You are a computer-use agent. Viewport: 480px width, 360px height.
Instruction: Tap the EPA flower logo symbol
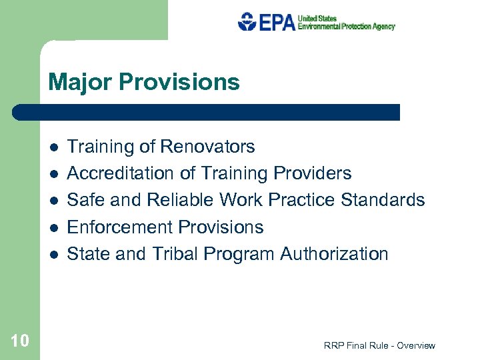click(247, 21)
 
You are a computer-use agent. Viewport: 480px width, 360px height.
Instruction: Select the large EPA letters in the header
click(276, 22)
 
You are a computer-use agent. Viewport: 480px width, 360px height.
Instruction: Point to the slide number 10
click(20, 341)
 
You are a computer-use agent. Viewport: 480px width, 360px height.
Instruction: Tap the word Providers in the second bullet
click(312, 173)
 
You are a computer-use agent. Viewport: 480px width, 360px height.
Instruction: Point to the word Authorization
click(334, 254)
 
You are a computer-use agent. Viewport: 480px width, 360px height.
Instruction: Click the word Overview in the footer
click(415, 345)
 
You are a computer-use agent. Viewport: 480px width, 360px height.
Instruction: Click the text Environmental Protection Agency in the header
click(346, 27)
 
